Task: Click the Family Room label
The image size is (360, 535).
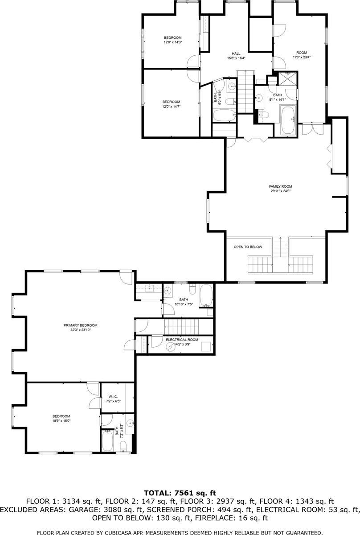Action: pos(280,186)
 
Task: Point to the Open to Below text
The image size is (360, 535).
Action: pos(248,247)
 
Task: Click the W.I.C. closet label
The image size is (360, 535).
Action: pos(112,396)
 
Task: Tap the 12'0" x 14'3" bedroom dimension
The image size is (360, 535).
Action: pos(172,42)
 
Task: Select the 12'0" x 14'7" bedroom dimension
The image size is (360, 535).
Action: pos(171,107)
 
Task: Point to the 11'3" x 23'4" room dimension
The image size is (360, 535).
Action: pos(302,57)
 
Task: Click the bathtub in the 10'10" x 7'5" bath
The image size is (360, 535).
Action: pos(206,295)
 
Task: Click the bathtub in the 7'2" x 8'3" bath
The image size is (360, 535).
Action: pos(107,441)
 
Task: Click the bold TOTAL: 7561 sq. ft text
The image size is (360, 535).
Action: pos(180,493)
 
